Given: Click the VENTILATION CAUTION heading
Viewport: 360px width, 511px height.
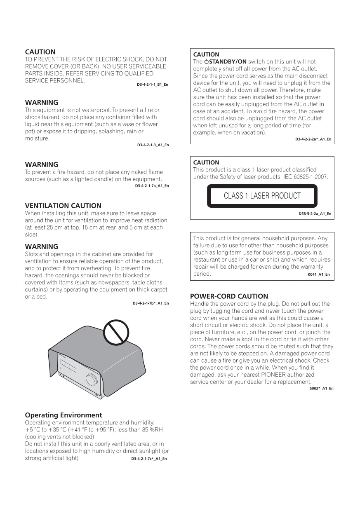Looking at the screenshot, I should pyautogui.click(x=63, y=206).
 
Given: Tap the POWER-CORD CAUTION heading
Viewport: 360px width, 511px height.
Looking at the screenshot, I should pyautogui.click(x=229, y=296).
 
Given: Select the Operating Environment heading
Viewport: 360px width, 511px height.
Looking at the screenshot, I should pyautogui.click(x=64, y=415).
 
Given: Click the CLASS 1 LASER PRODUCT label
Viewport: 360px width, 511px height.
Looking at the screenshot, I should pyautogui.click(x=262, y=196).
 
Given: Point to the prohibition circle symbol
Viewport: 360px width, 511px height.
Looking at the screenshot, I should pyautogui.click(x=116, y=332).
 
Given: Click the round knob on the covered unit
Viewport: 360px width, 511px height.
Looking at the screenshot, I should pyautogui.click(x=92, y=379).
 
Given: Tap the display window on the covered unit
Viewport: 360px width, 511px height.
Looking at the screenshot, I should pyautogui.click(x=68, y=366).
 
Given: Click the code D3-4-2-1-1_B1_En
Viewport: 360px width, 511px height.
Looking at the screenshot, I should pyautogui.click(x=152, y=84).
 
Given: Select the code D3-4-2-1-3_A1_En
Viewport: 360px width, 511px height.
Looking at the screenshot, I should pyautogui.click(x=153, y=145).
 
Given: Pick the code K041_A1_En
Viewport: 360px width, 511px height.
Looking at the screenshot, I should pyautogui.click(x=318, y=274).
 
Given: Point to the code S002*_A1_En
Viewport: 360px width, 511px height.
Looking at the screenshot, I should pyautogui.click(x=321, y=389).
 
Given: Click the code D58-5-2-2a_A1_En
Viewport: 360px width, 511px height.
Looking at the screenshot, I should pyautogui.click(x=315, y=214).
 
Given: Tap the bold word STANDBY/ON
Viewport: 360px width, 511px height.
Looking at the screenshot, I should pyautogui.click(x=228, y=62).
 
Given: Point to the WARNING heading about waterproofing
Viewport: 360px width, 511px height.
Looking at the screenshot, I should pyautogui.click(x=42, y=103).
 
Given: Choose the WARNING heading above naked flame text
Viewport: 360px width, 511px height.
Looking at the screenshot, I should pyautogui.click(x=42, y=164).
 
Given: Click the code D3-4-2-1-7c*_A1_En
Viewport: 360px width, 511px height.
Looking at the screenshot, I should pyautogui.click(x=149, y=459).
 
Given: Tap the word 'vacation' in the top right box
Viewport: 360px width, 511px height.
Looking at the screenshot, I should pyautogui.click(x=253, y=133).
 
